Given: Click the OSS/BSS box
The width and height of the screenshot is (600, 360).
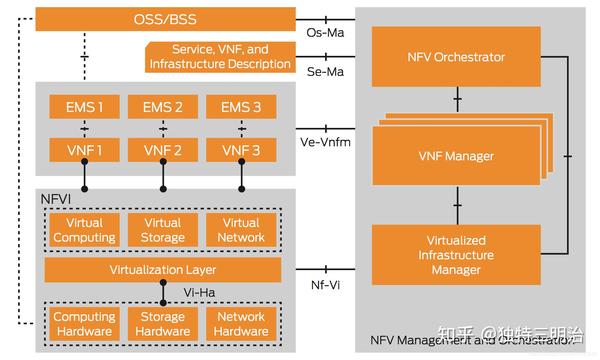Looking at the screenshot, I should pos(165,19).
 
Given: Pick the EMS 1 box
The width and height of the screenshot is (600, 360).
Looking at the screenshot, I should pos(84,106).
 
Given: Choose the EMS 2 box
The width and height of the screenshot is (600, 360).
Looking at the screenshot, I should pos(162,106).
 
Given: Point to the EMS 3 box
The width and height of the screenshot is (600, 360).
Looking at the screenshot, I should pos(240,106).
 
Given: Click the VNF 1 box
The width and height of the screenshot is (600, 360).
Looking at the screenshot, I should pos(84,150).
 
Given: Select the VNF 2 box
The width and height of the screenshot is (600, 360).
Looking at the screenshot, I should pos(162,150).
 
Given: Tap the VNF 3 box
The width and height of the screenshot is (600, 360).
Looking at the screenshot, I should pos(240,150).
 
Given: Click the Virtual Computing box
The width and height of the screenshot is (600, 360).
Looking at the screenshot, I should pos(84,230).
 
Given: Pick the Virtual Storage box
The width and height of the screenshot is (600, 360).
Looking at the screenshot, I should pos(162,230).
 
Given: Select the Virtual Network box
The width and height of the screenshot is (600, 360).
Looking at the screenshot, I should pos(240,230).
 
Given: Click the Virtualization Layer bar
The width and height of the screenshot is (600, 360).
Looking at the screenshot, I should pos(162,270).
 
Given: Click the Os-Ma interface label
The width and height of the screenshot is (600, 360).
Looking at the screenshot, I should pos(325,33).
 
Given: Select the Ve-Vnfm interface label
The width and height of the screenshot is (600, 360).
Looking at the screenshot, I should pos(325,142).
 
